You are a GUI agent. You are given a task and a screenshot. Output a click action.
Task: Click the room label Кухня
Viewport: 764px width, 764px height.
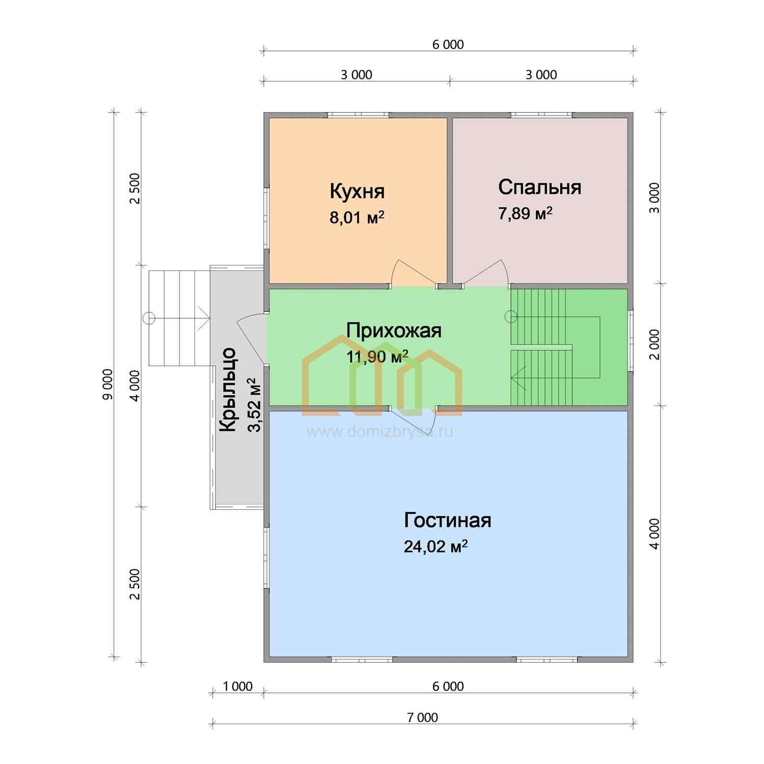pyautogui.click(x=357, y=192)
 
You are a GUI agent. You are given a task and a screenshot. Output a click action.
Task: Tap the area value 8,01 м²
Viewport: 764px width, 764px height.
pyautogui.click(x=357, y=218)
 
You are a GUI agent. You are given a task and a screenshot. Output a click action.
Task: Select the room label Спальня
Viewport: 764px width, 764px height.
pyautogui.click(x=539, y=187)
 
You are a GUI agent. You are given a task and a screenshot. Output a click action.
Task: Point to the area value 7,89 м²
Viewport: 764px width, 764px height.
pyautogui.click(x=526, y=213)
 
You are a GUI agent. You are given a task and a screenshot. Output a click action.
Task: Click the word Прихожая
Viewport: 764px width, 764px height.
pyautogui.click(x=394, y=331)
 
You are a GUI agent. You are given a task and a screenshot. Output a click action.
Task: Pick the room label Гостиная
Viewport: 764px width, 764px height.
pyautogui.click(x=448, y=521)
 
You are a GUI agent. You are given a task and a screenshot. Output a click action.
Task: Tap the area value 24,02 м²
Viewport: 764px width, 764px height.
pyautogui.click(x=436, y=547)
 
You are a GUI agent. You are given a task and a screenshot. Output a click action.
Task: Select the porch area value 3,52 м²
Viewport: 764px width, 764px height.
pyautogui.click(x=254, y=405)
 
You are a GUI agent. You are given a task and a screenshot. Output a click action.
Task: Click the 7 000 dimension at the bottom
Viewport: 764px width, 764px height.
pyautogui.click(x=422, y=718)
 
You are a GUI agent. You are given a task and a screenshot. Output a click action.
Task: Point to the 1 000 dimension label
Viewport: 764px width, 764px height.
pyautogui.click(x=238, y=687)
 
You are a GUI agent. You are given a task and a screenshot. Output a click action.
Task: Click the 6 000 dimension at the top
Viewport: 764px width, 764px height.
pyautogui.click(x=448, y=45)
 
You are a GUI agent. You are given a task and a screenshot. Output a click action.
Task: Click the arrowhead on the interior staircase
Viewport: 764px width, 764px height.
pyautogui.click(x=515, y=378)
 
